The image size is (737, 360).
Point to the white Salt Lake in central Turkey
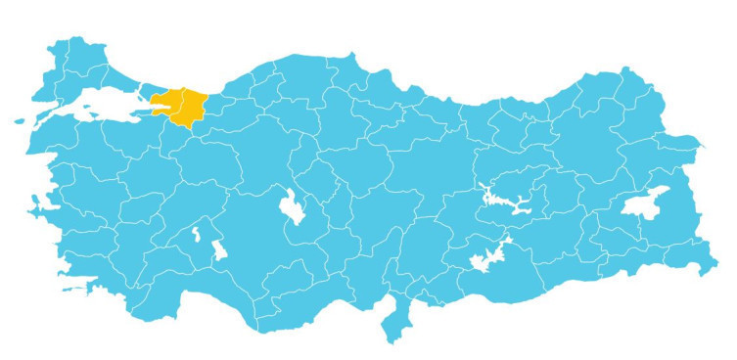(x=293, y=206)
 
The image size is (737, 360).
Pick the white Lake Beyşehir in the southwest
(x=219, y=249)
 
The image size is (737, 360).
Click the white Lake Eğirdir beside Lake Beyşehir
(x=198, y=235)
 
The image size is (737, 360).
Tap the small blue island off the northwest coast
(x=21, y=121)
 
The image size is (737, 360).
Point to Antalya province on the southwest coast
(x=191, y=284)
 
